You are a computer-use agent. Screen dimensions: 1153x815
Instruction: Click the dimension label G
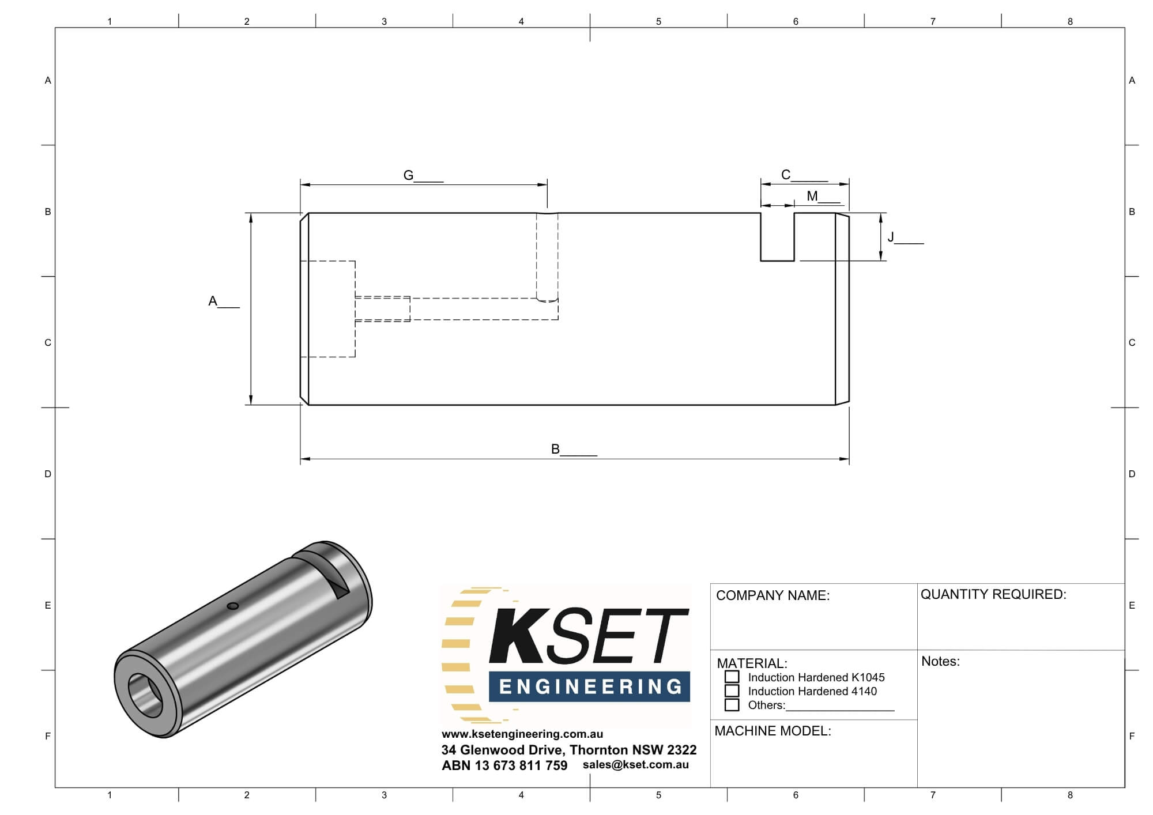(408, 175)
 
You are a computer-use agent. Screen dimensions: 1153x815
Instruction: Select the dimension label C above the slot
(786, 175)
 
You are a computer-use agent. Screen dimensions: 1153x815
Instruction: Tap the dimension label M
(812, 196)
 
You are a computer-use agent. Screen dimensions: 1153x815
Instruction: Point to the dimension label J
(891, 237)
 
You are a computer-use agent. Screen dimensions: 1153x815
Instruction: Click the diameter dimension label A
(213, 301)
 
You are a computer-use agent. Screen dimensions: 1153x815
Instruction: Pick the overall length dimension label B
(555, 449)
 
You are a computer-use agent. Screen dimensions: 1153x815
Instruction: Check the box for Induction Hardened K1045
(732, 677)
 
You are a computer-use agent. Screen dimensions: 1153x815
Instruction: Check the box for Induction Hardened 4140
(732, 691)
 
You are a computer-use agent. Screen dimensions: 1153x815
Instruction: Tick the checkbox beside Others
(732, 704)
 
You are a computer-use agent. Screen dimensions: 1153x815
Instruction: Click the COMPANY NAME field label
(773, 595)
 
